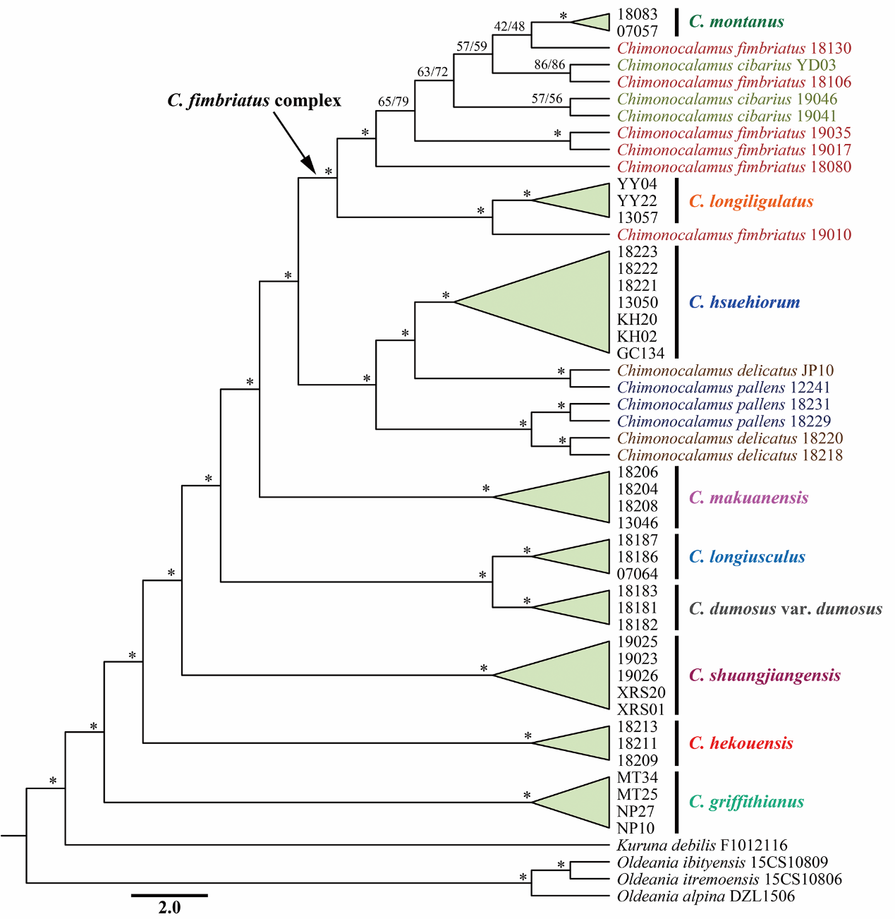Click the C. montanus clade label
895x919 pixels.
coord(736,22)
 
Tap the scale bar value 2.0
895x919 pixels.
coord(169,907)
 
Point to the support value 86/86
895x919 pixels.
coord(549,65)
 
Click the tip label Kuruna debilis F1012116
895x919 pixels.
coord(702,845)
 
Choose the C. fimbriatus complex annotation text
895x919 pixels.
coord(254,101)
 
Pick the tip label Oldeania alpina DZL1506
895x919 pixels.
coord(705,896)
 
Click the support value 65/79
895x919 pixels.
coord(393,102)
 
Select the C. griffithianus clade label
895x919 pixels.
coord(746,802)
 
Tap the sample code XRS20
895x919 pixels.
coord(640,692)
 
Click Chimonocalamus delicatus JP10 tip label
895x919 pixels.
coord(725,371)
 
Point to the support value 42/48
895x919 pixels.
coord(509,27)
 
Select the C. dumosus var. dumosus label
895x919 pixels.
coord(785,608)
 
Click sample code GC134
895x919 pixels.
coord(640,354)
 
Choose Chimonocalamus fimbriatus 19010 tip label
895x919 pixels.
coord(733,235)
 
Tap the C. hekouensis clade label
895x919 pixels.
coord(741,743)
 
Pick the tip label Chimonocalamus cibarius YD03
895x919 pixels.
coord(726,66)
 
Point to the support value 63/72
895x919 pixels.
coord(432,72)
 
